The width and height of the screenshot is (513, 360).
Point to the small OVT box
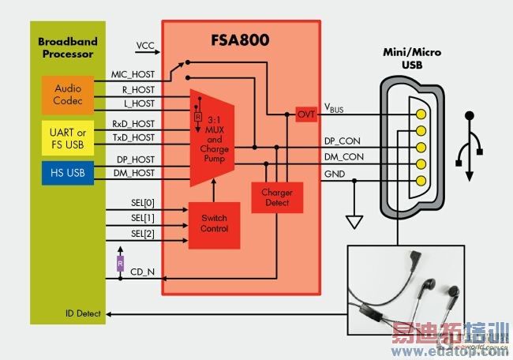(x=305, y=114)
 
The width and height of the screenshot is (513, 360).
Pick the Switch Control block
(x=215, y=223)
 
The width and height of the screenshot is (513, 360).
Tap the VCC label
(x=147, y=45)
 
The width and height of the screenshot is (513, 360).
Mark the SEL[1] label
(x=142, y=217)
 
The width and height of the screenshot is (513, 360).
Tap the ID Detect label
(x=83, y=313)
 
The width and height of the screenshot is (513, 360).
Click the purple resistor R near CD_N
(x=120, y=261)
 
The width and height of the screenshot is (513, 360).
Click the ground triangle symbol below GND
(x=354, y=221)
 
